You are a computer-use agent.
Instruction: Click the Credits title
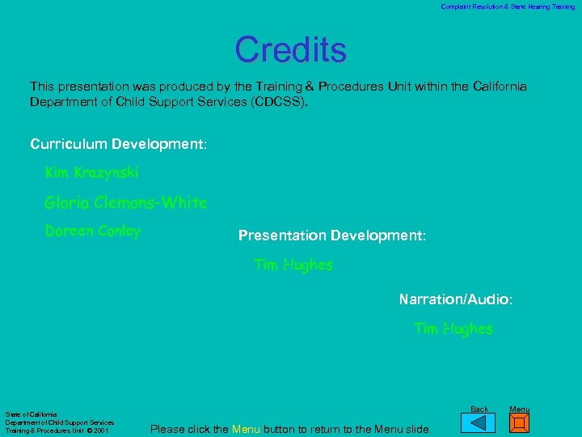(290, 50)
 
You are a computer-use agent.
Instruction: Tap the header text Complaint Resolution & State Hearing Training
(508, 6)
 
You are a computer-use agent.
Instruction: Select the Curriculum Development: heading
(118, 144)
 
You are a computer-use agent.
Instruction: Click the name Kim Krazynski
(91, 173)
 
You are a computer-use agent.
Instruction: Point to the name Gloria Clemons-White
(126, 202)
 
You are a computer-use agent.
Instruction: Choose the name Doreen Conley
(92, 231)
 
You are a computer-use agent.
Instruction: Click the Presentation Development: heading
(331, 235)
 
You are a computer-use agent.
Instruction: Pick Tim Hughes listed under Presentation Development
(293, 265)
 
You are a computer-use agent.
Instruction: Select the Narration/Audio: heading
(455, 299)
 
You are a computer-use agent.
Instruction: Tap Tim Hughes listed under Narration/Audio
(453, 329)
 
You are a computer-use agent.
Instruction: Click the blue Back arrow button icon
(483, 423)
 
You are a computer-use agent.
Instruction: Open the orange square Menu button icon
(520, 423)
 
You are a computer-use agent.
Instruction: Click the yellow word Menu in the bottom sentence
(246, 429)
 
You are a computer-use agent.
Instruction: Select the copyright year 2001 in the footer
(100, 431)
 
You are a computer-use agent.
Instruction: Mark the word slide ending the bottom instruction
(415, 429)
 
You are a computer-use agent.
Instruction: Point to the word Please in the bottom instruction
(168, 429)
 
